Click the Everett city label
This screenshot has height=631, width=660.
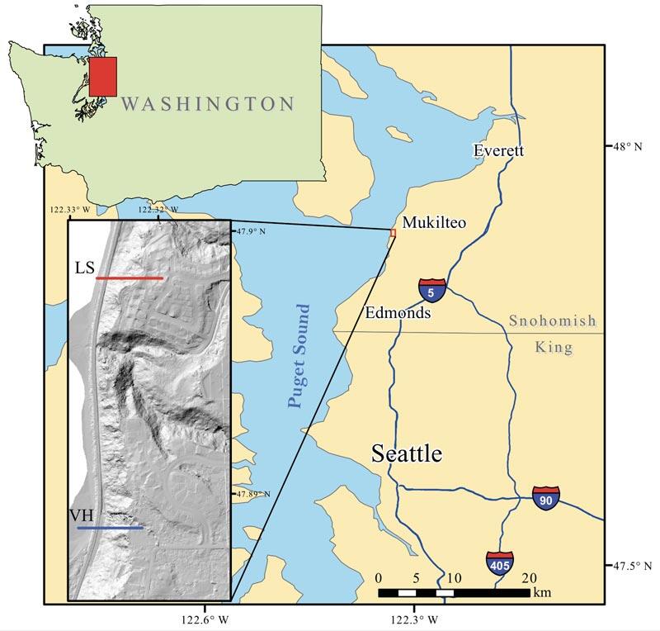pyautogui.click(x=497, y=150)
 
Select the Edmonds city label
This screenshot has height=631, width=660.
pyautogui.click(x=398, y=314)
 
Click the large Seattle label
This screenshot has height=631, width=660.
pyautogui.click(x=407, y=453)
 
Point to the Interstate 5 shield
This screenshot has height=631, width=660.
pyautogui.click(x=432, y=291)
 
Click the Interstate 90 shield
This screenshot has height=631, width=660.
pyautogui.click(x=545, y=498)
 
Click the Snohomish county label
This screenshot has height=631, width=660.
pyautogui.click(x=550, y=321)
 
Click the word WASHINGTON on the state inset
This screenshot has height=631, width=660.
pyautogui.click(x=207, y=104)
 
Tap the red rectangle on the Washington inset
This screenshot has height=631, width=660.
pyautogui.click(x=103, y=76)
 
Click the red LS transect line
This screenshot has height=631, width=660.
pyautogui.click(x=130, y=278)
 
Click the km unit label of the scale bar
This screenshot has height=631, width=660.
pyautogui.click(x=542, y=593)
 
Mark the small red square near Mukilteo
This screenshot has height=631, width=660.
pyautogui.click(x=393, y=233)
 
